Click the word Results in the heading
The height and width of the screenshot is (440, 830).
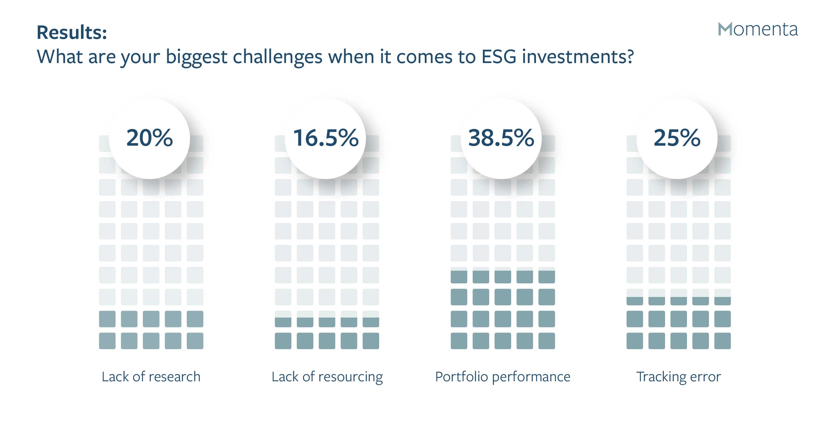coord(70,33)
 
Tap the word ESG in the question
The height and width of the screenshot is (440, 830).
coord(499,56)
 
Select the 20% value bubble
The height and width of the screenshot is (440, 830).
coord(149,138)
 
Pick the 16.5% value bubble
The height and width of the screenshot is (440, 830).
coord(325,138)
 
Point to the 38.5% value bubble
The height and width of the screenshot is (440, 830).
coord(501,138)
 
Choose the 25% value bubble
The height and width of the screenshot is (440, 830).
coord(677,138)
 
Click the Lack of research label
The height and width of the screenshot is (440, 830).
coord(151,377)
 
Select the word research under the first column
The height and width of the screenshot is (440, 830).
coord(175,377)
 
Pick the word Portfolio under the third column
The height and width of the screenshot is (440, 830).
coord(461,377)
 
